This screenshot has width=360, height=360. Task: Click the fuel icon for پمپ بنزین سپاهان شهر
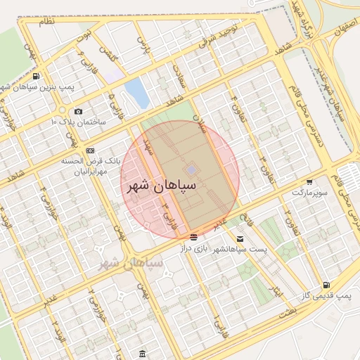(36, 77)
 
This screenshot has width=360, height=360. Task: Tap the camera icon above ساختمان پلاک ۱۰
(77, 112)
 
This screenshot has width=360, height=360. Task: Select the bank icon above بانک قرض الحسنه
(90, 150)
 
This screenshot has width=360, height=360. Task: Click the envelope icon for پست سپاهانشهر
(241, 239)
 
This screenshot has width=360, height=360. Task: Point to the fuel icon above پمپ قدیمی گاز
(326, 285)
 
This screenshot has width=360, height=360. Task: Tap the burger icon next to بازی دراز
(193, 236)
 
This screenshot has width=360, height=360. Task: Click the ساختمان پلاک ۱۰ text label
(78, 122)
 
